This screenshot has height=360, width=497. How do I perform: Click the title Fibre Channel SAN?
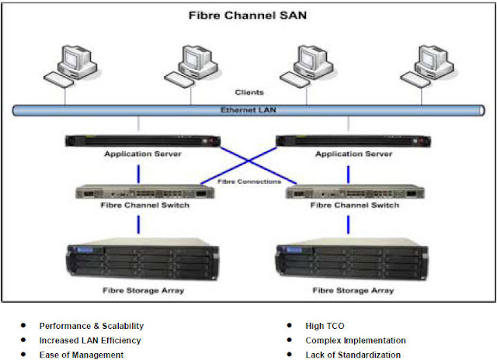tap(248, 15)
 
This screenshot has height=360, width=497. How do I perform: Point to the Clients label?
tap(248, 92)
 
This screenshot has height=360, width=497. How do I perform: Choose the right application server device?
tap(354, 142)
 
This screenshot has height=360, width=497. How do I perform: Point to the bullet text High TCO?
tap(324, 326)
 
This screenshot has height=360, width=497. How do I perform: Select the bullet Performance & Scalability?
tap(92, 326)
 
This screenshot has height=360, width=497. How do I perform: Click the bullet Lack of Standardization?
tap(353, 355)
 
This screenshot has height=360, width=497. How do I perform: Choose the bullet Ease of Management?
tap(82, 355)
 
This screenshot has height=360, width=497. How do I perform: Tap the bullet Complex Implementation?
tap(356, 340)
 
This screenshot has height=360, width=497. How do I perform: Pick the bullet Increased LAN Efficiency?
tap(91, 340)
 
